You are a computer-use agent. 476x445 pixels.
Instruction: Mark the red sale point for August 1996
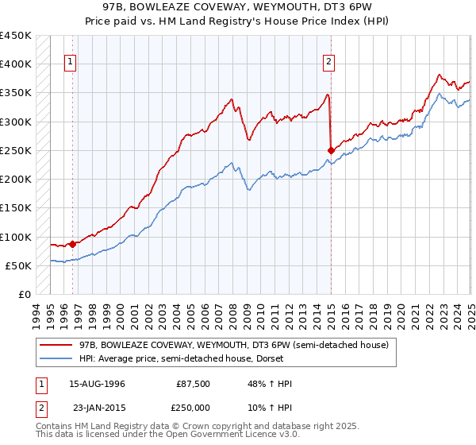72,244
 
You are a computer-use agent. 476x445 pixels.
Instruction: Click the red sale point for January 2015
331,150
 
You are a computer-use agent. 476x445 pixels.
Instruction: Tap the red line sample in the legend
56,345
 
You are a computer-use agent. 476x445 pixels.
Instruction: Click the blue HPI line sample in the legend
56,358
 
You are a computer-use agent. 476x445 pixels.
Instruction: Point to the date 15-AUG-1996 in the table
98,384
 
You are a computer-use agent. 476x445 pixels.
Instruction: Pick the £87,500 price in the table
194,384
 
